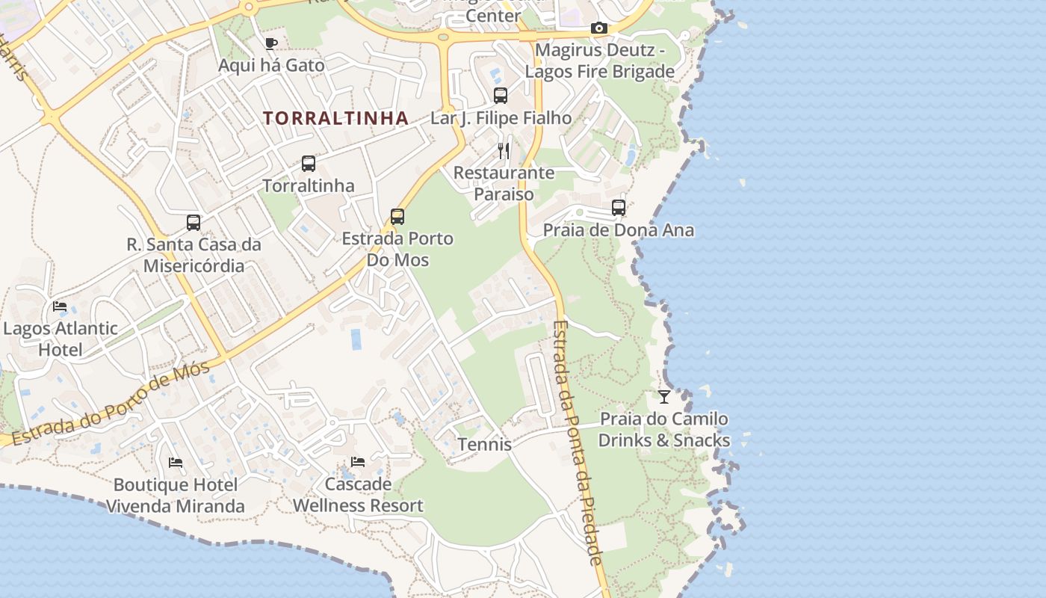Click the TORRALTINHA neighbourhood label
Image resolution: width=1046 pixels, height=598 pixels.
pos(335,118)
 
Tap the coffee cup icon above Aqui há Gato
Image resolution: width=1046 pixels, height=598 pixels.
pos(271,43)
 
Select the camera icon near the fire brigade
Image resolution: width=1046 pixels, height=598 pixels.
pos(598,28)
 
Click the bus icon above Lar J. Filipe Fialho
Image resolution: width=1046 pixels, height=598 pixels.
pos(501,96)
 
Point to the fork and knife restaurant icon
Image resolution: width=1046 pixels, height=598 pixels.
pos(504,151)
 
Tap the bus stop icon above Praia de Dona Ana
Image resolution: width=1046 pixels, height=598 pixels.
pos(619,208)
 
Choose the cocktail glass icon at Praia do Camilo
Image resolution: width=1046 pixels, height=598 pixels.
pos(663,396)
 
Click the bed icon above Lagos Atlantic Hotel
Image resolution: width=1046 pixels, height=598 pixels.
pos(60,306)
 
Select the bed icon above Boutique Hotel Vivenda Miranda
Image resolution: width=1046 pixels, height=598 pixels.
pos(176,463)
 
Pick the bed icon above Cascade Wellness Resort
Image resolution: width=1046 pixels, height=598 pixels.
pos(358,462)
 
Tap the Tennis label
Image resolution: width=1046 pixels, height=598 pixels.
pos(484,444)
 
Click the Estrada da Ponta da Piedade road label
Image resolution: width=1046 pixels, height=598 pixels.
pos(577,441)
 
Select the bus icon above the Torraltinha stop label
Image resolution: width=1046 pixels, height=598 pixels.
pos(308,163)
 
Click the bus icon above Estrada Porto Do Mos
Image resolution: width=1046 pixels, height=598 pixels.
pos(397,217)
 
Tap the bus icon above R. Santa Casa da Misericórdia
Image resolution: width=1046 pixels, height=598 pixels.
pos(194,222)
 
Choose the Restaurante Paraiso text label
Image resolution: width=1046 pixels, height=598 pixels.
pos(504,183)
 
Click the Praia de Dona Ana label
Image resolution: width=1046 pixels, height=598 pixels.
pos(618,230)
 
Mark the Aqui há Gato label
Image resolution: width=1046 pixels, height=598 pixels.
pos(271,65)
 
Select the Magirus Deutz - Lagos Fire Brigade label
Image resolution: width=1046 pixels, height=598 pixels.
pos(599,61)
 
